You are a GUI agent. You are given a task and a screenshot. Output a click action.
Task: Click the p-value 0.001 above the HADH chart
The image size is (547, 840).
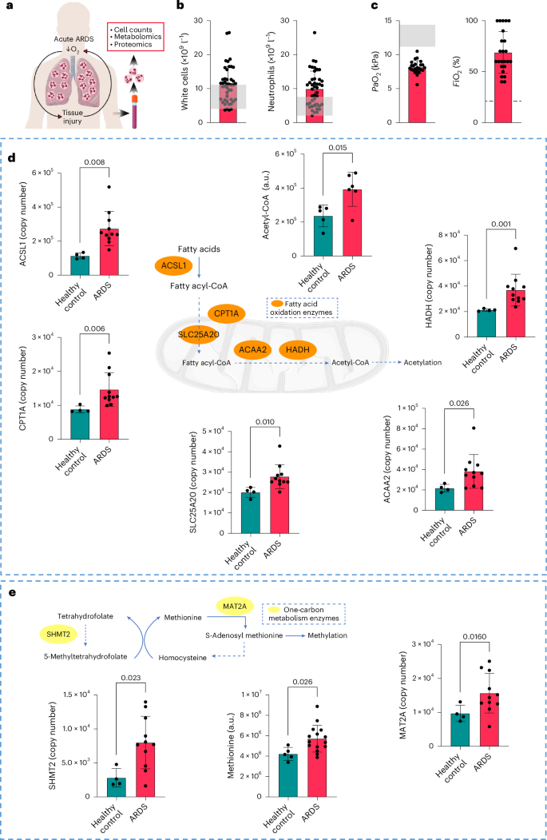501,248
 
